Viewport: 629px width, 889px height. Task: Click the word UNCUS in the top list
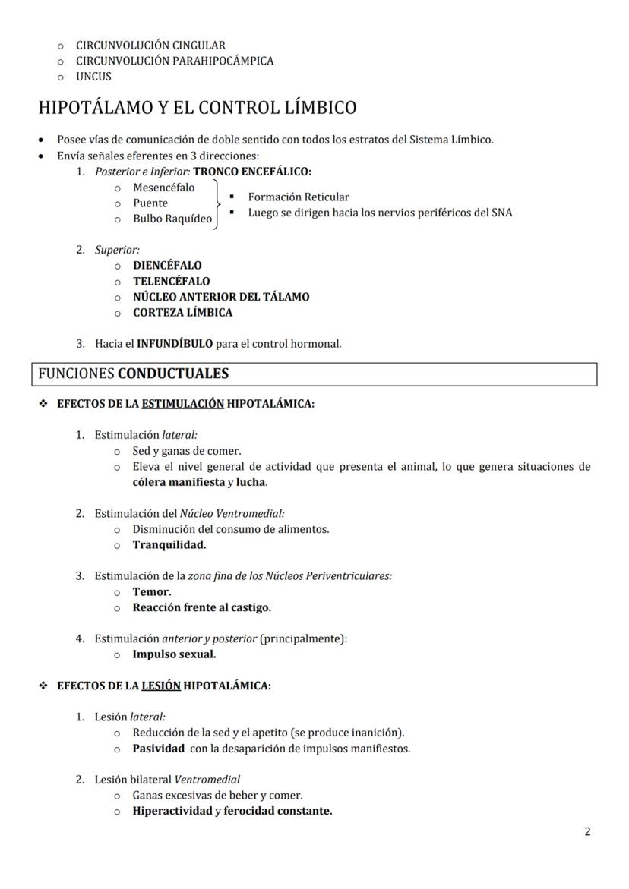93,77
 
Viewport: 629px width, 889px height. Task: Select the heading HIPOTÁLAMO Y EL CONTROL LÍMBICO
197,108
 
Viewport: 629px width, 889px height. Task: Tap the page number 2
587,831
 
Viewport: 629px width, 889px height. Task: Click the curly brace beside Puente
219,203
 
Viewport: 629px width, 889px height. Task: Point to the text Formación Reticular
299,197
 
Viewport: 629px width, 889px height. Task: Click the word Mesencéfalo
163,188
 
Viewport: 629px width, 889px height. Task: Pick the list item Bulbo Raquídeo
172,219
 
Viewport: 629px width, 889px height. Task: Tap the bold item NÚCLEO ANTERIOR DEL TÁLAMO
221,297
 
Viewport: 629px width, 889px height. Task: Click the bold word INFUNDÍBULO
175,344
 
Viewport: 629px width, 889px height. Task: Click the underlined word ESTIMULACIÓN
182,404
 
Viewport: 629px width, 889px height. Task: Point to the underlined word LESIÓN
161,686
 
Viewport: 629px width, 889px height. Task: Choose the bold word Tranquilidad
169,544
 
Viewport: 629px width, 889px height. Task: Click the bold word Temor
152,591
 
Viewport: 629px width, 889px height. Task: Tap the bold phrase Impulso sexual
174,654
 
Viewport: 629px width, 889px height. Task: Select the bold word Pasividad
158,749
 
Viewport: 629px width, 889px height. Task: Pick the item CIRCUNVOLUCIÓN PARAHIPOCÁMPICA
175,61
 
